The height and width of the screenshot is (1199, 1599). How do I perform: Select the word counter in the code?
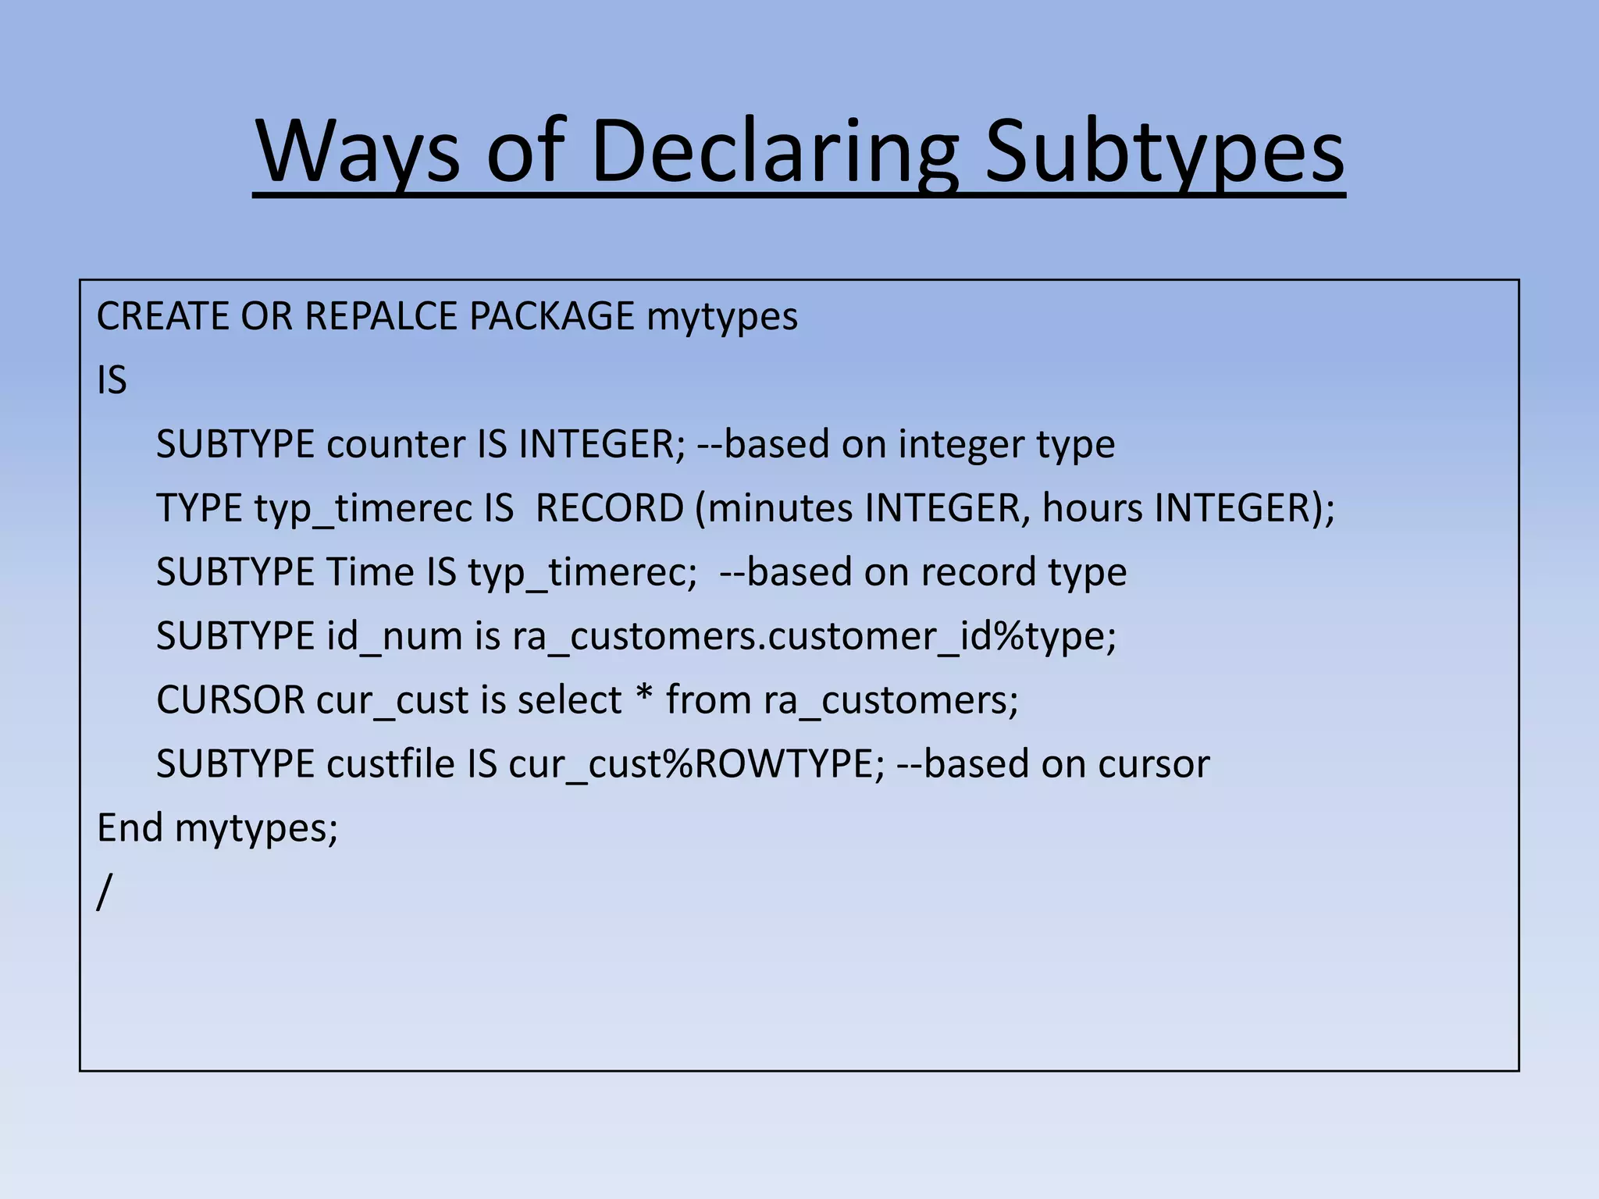pos(396,445)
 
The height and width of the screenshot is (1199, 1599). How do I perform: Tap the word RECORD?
pos(609,509)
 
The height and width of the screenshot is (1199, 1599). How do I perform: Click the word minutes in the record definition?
pos(780,509)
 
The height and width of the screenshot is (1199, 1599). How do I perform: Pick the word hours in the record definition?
pos(1092,509)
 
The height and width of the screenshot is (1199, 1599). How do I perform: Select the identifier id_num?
pos(394,637)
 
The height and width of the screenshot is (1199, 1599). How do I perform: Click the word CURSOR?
pos(230,701)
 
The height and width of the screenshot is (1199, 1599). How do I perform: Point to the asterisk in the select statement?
pos(643,696)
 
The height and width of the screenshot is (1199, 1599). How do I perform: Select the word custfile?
pos(390,765)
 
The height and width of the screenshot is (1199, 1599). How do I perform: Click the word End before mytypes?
pos(130,828)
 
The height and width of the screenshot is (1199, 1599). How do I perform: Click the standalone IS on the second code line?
pos(112,381)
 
